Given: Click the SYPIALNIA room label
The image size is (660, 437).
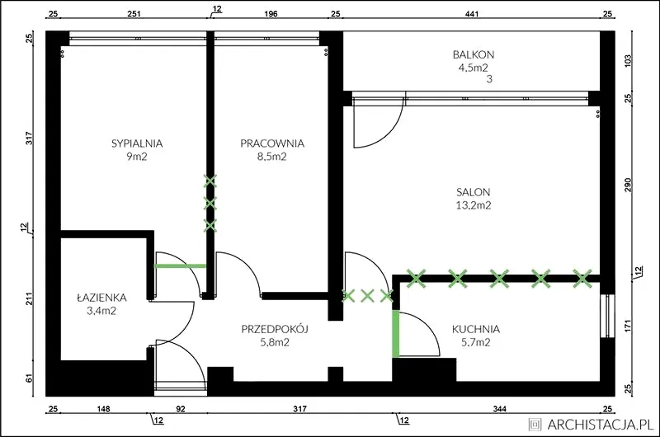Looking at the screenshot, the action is (137, 143).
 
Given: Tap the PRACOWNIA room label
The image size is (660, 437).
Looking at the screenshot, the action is (272, 143).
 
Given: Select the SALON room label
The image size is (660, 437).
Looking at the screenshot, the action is (474, 192).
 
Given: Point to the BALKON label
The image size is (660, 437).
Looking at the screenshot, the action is (474, 54).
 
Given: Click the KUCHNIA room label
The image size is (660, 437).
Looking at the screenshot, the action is (476, 329).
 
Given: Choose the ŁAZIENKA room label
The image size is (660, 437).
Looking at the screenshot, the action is (101, 298).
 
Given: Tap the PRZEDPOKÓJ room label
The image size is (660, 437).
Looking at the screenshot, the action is (275, 328).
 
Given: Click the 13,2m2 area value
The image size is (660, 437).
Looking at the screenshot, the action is (474, 205).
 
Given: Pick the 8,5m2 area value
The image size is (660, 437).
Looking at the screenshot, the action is (272, 157).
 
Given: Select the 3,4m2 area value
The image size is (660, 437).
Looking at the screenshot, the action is (101, 311).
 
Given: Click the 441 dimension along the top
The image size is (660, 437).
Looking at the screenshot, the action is (472, 14).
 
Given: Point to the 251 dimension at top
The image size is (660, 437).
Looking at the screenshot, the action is (134, 14).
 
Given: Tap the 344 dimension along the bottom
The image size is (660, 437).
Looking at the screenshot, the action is (500, 409).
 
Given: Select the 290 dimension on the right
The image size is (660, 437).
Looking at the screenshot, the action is (628, 186).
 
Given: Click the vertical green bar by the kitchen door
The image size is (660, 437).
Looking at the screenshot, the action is (396, 334).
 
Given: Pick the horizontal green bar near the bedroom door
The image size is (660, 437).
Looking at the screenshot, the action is (180, 265).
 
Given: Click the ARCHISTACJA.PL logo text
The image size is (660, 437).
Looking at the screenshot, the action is (601, 424).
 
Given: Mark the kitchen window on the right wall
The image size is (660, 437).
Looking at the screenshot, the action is (607, 316).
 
